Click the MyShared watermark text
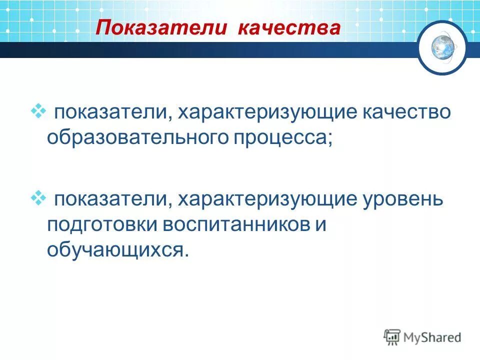tap(433, 337)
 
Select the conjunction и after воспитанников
tap(320, 224)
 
